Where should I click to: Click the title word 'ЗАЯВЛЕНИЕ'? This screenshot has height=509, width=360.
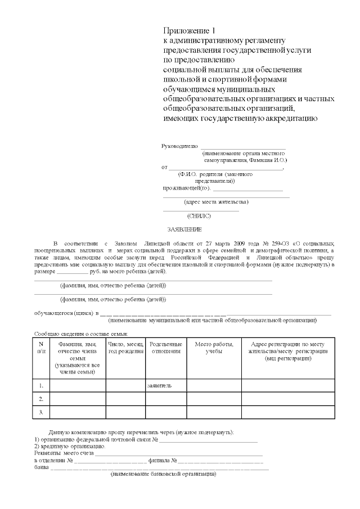click(184, 229)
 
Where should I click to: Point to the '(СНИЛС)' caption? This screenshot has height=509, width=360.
click(199, 215)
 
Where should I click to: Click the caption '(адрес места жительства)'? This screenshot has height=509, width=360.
click(216, 201)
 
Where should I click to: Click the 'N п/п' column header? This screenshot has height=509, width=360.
click(41, 347)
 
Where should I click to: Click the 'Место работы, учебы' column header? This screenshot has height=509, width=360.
click(214, 347)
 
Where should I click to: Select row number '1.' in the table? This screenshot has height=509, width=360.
click(41, 386)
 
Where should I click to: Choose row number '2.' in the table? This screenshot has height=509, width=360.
click(41, 399)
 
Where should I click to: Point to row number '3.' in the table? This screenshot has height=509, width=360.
click(41, 413)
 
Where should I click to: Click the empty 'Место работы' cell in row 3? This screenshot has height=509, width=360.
click(214, 413)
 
